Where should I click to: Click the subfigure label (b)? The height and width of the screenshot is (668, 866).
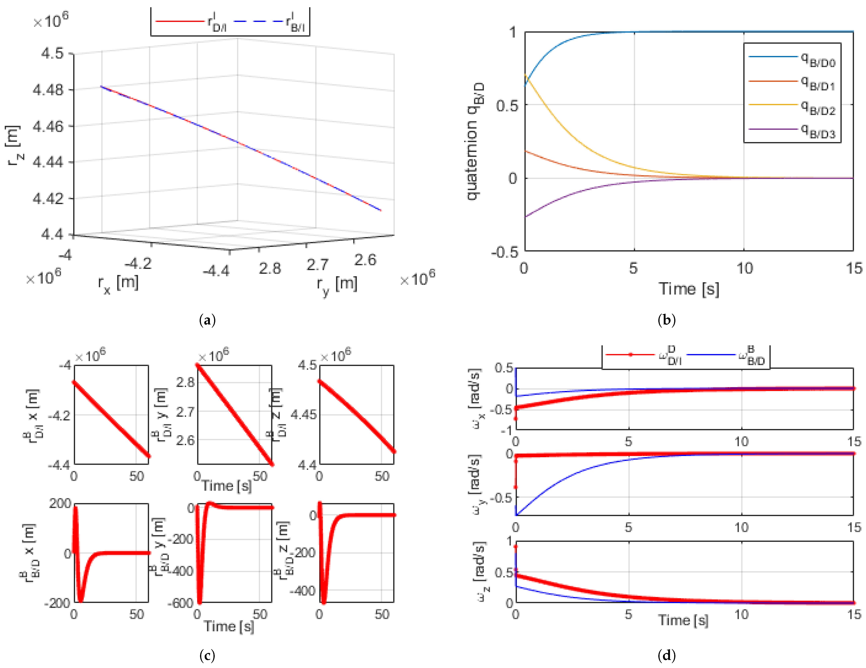click(667, 320)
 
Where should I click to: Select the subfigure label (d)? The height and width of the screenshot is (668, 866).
click(667, 656)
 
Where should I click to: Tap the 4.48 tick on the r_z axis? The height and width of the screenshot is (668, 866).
click(48, 90)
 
